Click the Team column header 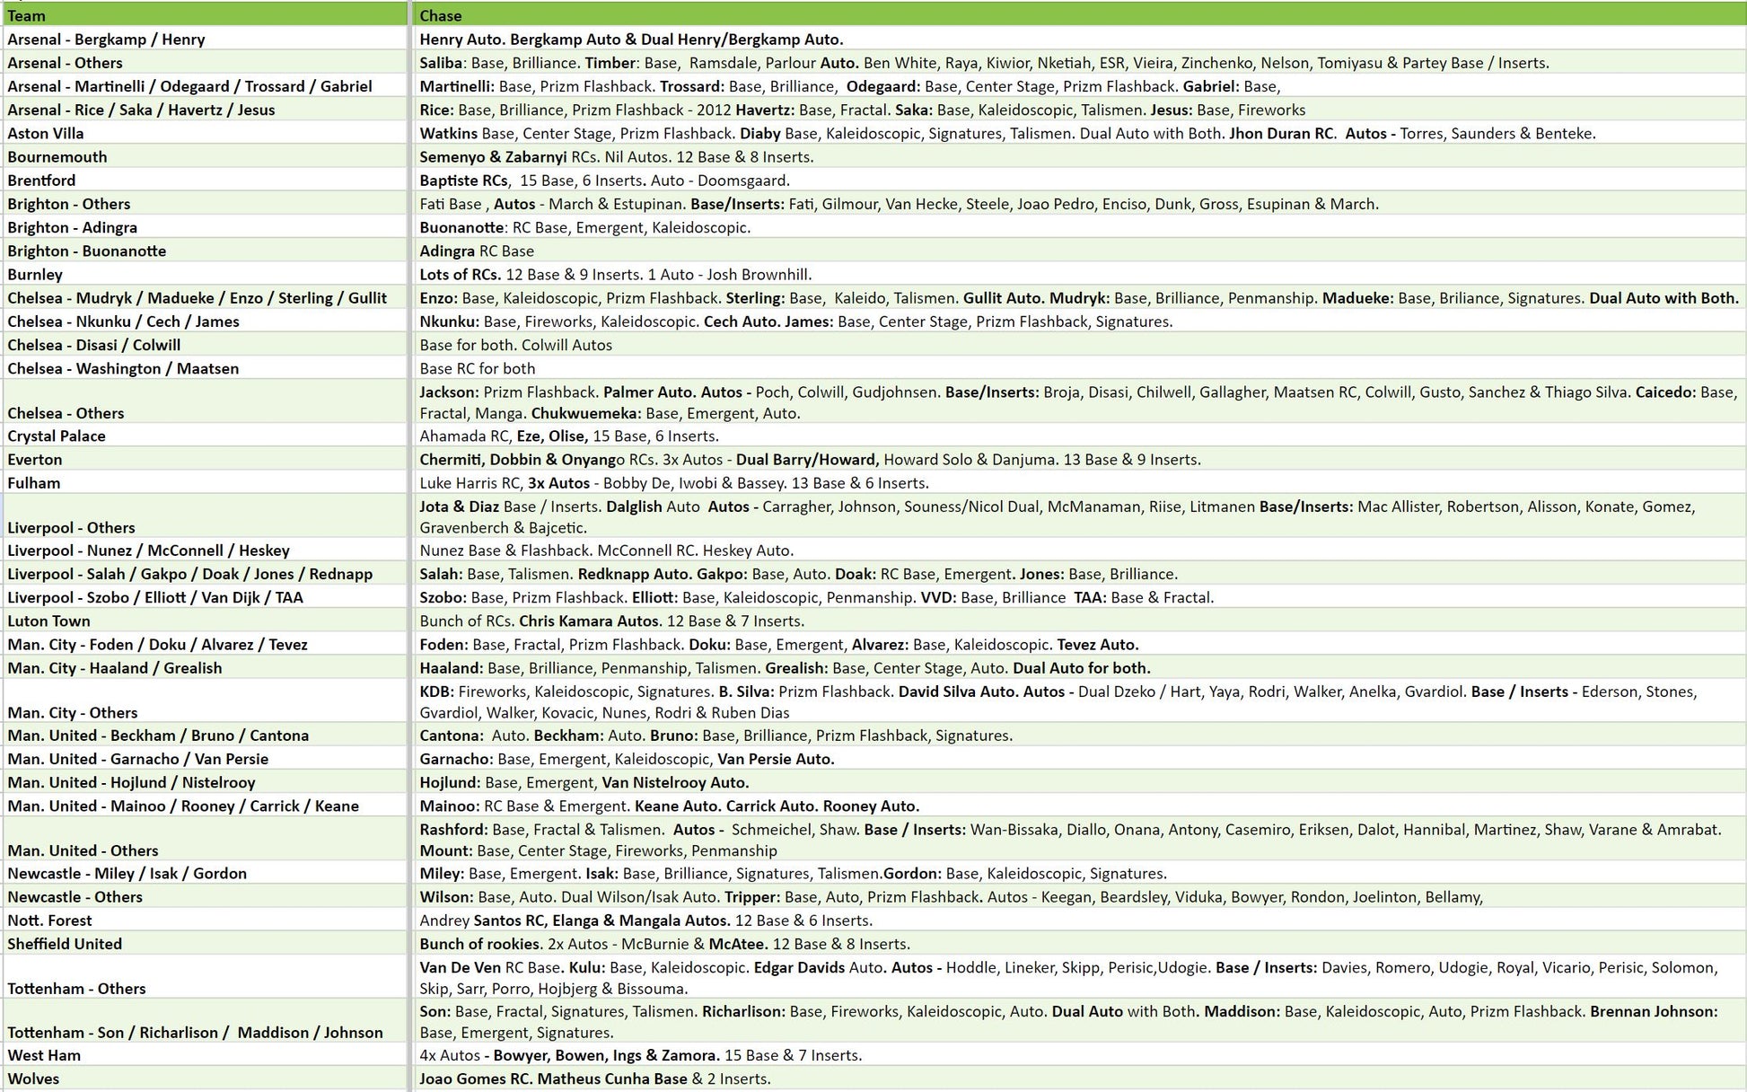click(26, 15)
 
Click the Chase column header click(441, 15)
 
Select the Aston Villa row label click(46, 133)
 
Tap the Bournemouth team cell click(57, 156)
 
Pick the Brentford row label click(41, 180)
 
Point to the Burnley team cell click(35, 274)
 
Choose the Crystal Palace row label click(57, 436)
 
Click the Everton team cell click(35, 459)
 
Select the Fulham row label click(34, 482)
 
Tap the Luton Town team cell click(48, 621)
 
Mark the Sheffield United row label click(65, 943)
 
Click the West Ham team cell click(44, 1054)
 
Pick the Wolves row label click(33, 1078)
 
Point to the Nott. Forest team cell click(49, 920)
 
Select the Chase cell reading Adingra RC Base click(477, 251)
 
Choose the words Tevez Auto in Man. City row click(1097, 644)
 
